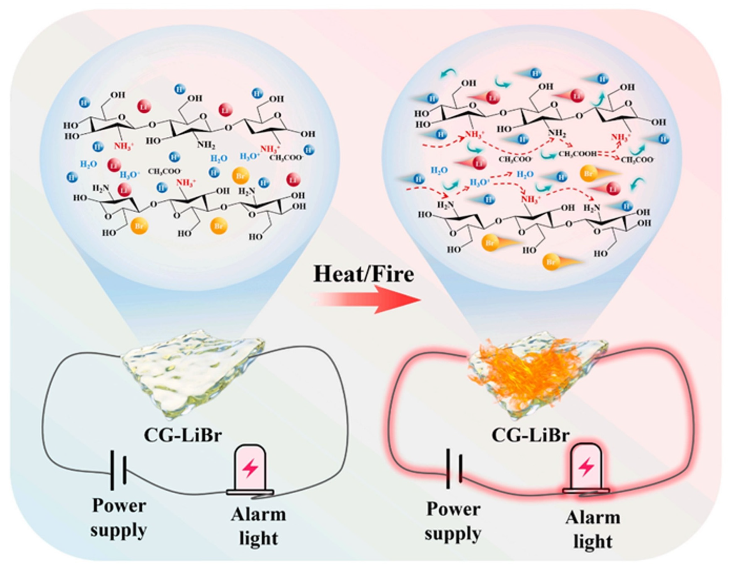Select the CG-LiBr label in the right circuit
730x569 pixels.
[x=530, y=435]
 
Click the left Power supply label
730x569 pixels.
[x=119, y=517]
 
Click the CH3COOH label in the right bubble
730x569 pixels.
[x=577, y=155]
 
